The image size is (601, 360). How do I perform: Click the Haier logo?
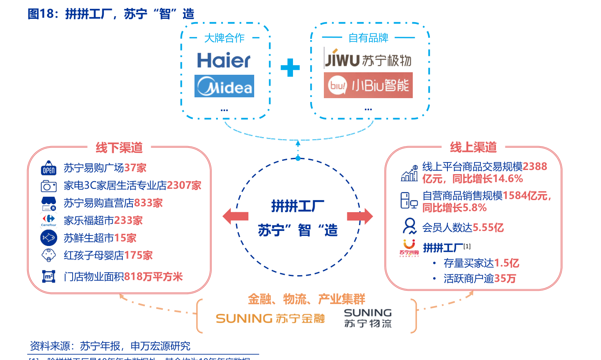[x=224, y=61]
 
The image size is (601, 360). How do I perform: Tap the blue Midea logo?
[x=224, y=86]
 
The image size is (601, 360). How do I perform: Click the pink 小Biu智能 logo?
[x=368, y=86]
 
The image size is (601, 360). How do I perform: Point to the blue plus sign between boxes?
[x=290, y=68]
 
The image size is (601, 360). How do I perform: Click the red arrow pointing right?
[x=360, y=216]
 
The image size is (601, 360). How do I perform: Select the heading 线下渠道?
[x=119, y=147]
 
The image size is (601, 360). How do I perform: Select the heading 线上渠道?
[x=473, y=147]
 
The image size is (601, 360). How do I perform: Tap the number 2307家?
[x=184, y=185]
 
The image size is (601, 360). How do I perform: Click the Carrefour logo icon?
[x=49, y=220]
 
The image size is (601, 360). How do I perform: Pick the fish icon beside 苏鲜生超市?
[x=49, y=238]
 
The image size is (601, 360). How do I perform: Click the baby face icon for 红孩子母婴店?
[x=49, y=255]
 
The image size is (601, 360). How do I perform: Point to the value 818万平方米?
[x=153, y=276]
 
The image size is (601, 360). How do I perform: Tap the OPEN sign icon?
[x=49, y=168]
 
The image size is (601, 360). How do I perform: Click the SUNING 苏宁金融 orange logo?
[x=270, y=319]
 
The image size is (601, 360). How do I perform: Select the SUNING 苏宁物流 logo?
[x=368, y=318]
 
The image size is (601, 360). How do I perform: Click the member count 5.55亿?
[x=488, y=228]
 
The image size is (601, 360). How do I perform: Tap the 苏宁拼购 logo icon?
[x=409, y=248]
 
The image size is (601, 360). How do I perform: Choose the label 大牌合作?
[x=224, y=38]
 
